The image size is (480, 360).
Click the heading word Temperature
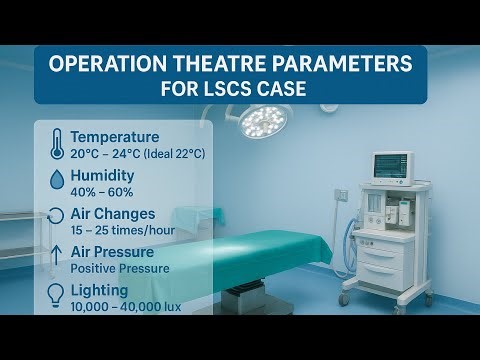point(114,136)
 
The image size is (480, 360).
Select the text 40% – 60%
point(103,191)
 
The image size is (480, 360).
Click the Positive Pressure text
point(120,268)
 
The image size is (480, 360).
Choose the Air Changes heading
point(113,213)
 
